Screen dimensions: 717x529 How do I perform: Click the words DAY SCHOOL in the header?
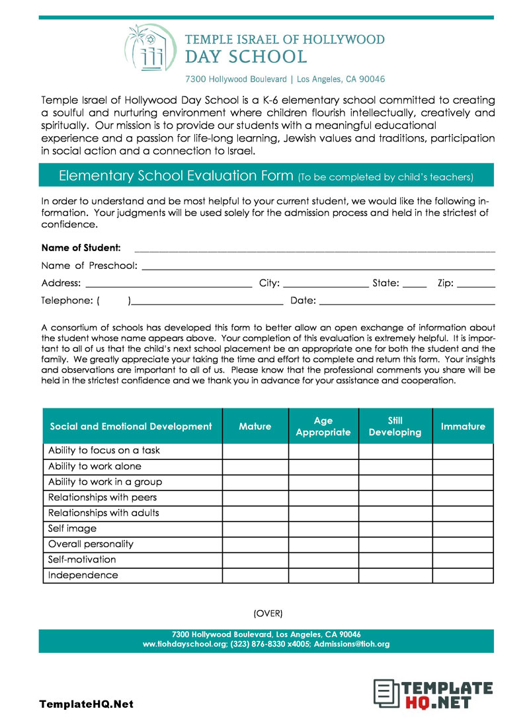pos(246,57)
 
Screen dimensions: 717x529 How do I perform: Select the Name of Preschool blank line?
pos(318,267)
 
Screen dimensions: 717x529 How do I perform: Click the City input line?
pos(325,285)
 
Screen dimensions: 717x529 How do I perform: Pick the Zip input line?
pos(475,285)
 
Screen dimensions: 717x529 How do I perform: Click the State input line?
pos(415,285)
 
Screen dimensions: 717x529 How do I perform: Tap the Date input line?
pos(407,302)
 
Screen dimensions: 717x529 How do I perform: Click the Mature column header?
pos(255,426)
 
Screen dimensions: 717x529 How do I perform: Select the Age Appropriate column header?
pos(323,426)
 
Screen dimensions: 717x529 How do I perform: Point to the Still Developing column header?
pos(395,426)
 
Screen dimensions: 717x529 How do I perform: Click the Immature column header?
pos(463,426)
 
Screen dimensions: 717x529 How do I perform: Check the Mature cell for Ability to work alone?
pos(255,467)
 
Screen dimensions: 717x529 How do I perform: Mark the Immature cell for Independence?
pos(463,576)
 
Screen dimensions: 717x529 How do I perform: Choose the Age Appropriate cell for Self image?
pos(323,529)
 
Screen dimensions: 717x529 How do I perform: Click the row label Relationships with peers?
pos(102,498)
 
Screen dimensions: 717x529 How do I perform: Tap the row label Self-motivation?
pos(82,560)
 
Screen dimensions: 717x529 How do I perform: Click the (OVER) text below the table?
pos(268,613)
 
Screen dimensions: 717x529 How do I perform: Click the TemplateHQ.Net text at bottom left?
pos(86,704)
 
